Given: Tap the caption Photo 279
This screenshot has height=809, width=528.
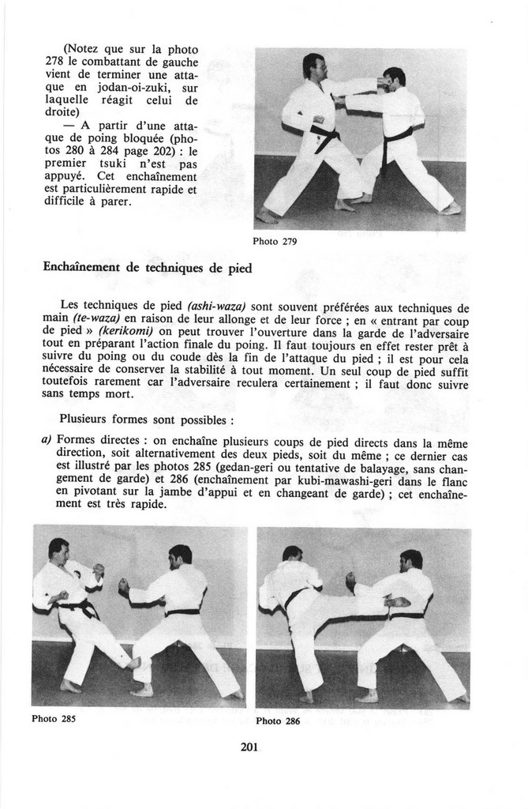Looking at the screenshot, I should tap(275, 241).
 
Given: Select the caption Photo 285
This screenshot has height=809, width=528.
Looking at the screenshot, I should tap(54, 719).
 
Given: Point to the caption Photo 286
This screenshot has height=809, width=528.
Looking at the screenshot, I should tap(278, 721).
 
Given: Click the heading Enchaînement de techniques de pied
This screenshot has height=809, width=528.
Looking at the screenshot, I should tap(147, 268).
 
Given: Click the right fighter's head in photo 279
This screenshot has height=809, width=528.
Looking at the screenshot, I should tap(394, 77).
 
